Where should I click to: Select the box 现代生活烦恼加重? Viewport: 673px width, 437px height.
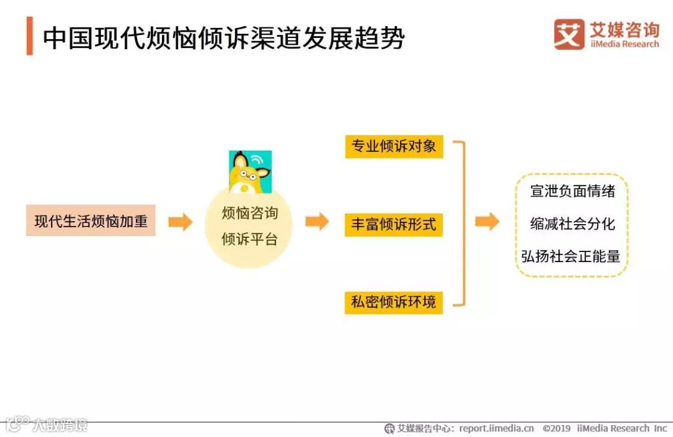[x=91, y=222]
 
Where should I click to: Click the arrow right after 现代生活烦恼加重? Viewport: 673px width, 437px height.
[x=180, y=222]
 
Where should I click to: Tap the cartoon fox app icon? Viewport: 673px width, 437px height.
[x=251, y=172]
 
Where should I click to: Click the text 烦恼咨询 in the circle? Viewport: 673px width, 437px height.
[x=250, y=214]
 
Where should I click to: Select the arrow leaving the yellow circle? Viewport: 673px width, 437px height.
[x=317, y=222]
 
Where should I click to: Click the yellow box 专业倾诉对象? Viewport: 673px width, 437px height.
[x=394, y=147]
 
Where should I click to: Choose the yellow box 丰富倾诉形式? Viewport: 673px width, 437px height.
[x=394, y=225]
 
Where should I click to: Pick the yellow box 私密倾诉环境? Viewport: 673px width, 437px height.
[x=394, y=303]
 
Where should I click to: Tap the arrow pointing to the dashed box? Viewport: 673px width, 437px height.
[x=487, y=222]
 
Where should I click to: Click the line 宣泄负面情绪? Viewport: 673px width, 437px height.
[x=572, y=192]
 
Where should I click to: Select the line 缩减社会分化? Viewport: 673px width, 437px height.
[x=572, y=224]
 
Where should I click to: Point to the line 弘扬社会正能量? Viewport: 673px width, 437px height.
[x=571, y=256]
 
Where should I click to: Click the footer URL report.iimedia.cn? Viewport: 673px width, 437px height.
[x=497, y=428]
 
